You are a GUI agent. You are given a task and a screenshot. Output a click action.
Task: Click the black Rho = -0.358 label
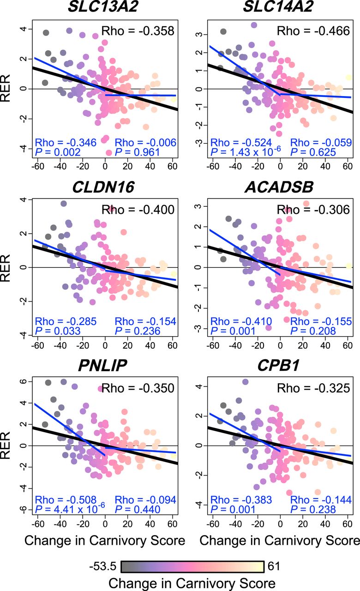138,31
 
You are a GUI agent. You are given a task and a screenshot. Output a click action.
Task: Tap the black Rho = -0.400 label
138,210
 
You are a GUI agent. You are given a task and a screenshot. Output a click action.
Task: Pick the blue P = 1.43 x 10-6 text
241,152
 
